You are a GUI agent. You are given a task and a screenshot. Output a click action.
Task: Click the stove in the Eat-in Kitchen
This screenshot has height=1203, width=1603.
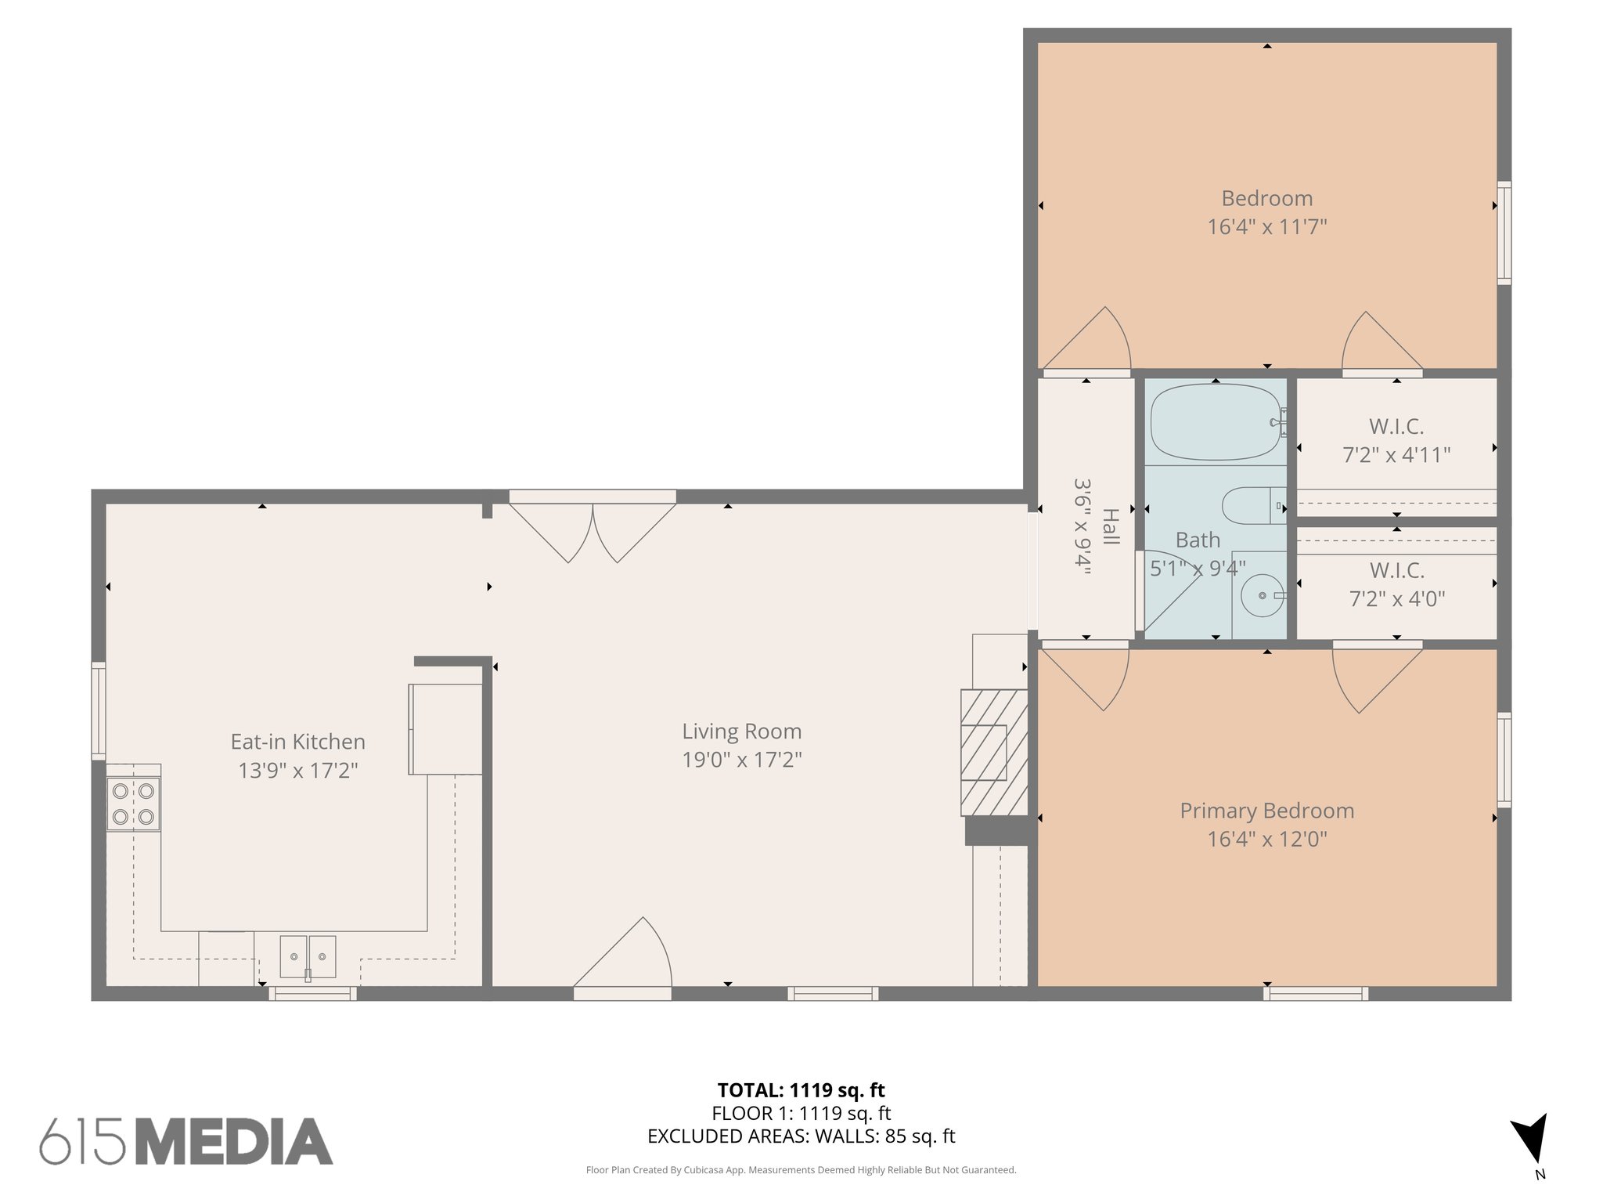click(133, 804)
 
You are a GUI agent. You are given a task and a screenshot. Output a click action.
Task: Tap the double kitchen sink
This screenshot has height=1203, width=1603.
click(308, 956)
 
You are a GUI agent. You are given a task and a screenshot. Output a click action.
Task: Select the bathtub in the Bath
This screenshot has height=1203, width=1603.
click(1215, 422)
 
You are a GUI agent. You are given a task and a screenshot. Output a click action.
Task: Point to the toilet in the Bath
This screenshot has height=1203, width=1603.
click(1253, 506)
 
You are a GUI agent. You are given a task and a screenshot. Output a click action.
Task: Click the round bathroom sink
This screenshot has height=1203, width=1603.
click(1262, 596)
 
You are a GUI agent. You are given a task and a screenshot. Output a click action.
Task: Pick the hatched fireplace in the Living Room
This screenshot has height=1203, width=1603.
click(994, 753)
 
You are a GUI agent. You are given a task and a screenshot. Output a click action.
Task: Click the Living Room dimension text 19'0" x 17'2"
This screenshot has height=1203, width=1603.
click(742, 760)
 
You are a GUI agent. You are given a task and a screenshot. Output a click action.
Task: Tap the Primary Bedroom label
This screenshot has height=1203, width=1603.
click(1266, 811)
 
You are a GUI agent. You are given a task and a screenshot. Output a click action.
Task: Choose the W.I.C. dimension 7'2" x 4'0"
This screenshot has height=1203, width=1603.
click(1396, 599)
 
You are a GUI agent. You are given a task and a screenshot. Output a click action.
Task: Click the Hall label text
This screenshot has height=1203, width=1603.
click(1110, 526)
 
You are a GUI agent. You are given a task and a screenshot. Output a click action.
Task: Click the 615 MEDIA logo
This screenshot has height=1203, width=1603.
click(186, 1141)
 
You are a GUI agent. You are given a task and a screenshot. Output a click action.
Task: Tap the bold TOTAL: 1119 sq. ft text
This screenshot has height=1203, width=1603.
click(801, 1090)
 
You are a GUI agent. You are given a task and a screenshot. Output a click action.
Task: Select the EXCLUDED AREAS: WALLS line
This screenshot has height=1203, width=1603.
click(801, 1136)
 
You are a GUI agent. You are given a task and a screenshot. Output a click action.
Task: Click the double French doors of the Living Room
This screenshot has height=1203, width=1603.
click(593, 529)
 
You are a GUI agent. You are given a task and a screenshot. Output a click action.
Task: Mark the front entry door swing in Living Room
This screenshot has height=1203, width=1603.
click(626, 959)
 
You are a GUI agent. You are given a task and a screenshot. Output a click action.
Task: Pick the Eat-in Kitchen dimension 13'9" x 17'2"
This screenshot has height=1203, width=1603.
click(297, 771)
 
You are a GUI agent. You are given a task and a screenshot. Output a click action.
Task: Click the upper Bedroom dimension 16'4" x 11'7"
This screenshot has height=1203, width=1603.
click(1266, 227)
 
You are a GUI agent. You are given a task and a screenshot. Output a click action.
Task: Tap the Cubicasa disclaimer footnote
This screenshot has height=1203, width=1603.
click(801, 1170)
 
